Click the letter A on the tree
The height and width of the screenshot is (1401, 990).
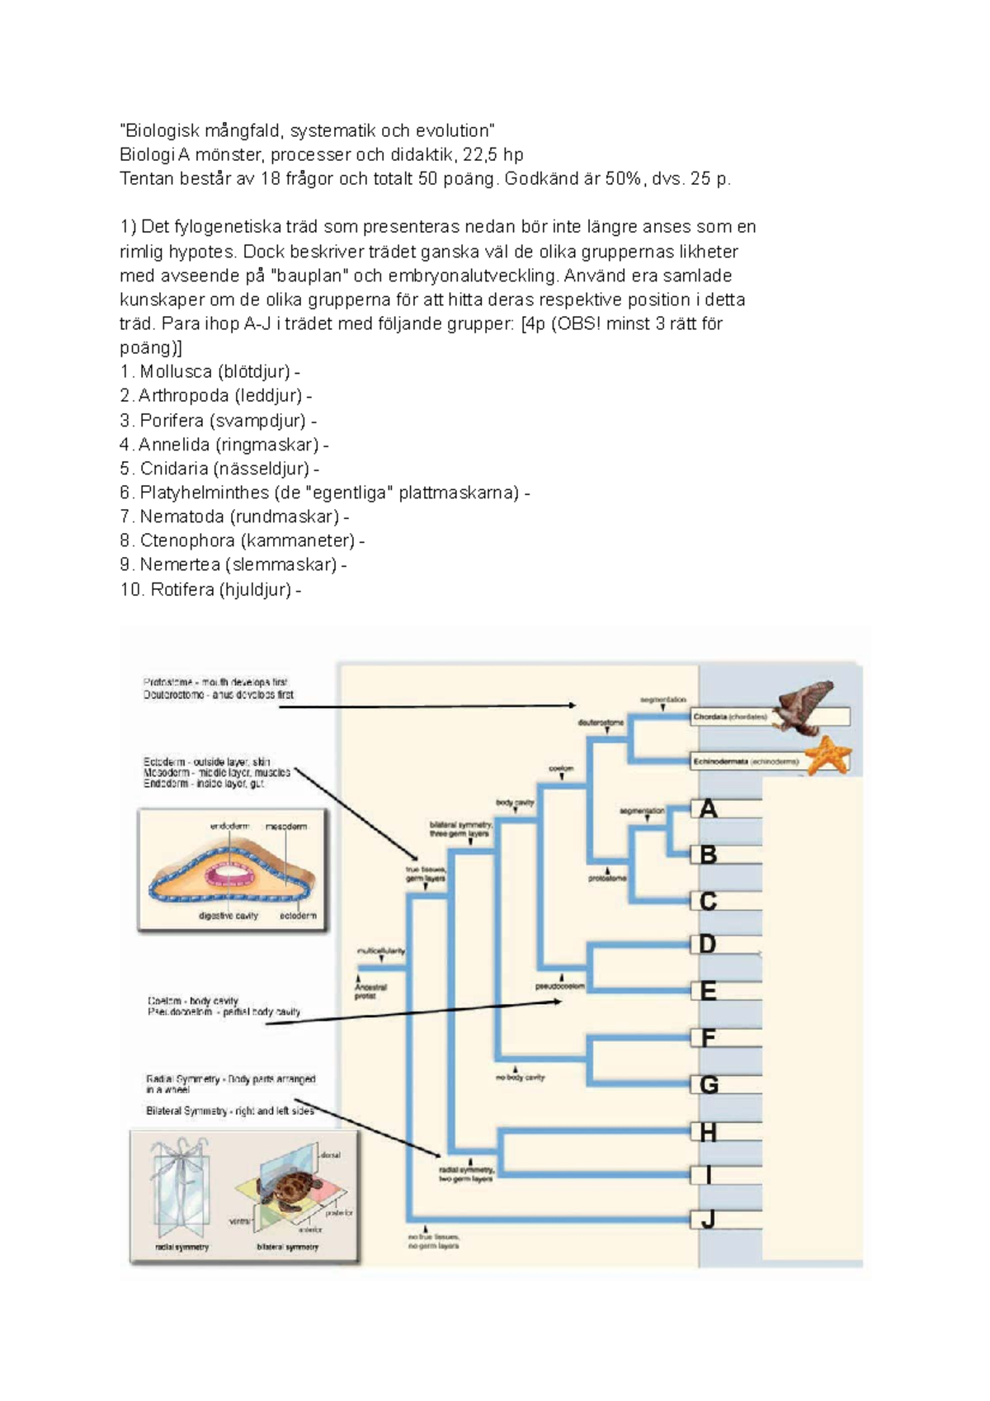[x=708, y=809]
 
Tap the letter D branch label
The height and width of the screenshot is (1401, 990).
[x=707, y=944]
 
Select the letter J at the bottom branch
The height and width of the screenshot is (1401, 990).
[x=708, y=1219]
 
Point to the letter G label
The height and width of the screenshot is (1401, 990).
[x=708, y=1085]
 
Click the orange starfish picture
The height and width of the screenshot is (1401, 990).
[x=827, y=755]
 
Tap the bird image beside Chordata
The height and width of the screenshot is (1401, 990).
[x=804, y=706]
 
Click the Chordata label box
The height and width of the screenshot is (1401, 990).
[x=730, y=717]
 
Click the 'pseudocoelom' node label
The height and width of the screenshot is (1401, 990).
[x=559, y=986]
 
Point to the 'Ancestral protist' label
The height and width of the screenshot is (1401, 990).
[x=370, y=991]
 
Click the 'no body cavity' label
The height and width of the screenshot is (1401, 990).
[x=521, y=1078]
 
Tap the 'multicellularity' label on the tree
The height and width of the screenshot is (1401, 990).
[x=380, y=951]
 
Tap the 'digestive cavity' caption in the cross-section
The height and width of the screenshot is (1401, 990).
[x=228, y=916]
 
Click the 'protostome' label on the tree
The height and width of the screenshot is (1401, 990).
[x=607, y=878]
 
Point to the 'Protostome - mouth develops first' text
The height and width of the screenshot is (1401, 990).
[x=214, y=682]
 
